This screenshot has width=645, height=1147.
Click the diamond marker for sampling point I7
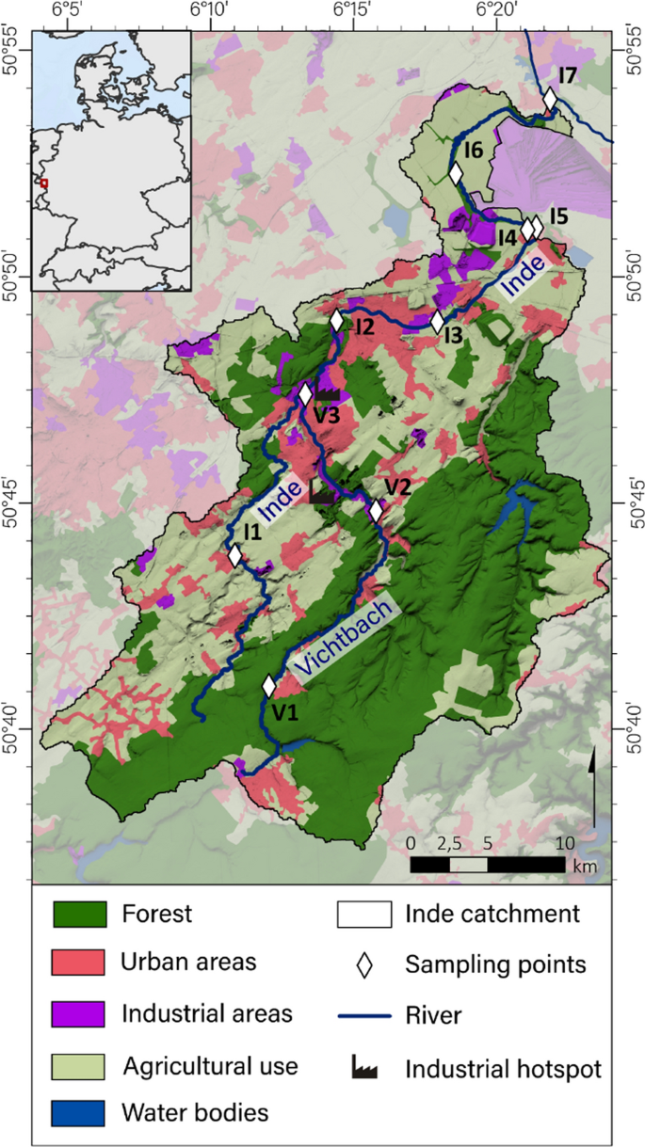(x=550, y=100)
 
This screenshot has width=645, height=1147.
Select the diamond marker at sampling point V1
(x=269, y=686)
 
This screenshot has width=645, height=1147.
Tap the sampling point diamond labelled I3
(x=437, y=322)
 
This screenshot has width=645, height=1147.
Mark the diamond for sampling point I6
(x=456, y=174)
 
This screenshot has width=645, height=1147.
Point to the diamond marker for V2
(x=377, y=511)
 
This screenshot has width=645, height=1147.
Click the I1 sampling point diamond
(x=234, y=555)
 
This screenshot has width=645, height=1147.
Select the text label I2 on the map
(x=364, y=327)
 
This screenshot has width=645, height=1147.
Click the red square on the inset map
(x=43, y=183)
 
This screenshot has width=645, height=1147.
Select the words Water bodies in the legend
(x=195, y=1112)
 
